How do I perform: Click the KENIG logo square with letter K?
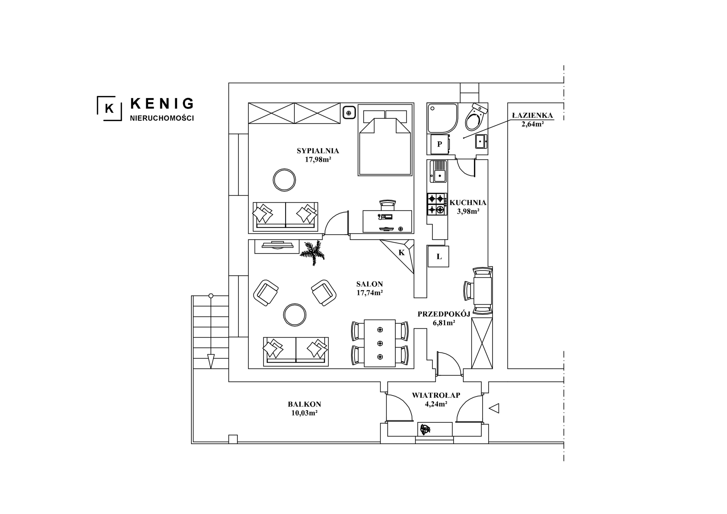coord(109,108)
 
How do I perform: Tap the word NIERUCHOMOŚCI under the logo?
coord(162,118)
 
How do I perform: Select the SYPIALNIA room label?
coord(318,151)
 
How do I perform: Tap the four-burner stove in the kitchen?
coord(437,204)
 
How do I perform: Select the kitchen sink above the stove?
coord(438,171)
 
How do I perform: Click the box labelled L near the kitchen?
coord(438,256)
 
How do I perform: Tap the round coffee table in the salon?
coord(294,315)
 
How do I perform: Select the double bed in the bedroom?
coord(385,140)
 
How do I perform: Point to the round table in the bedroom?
coord(284,180)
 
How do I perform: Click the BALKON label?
coord(304,404)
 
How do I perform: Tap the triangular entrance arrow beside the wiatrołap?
coord(494,408)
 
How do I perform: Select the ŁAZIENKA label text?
coord(532,115)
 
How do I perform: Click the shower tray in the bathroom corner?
coord(442,118)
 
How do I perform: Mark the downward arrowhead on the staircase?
coord(211,361)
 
